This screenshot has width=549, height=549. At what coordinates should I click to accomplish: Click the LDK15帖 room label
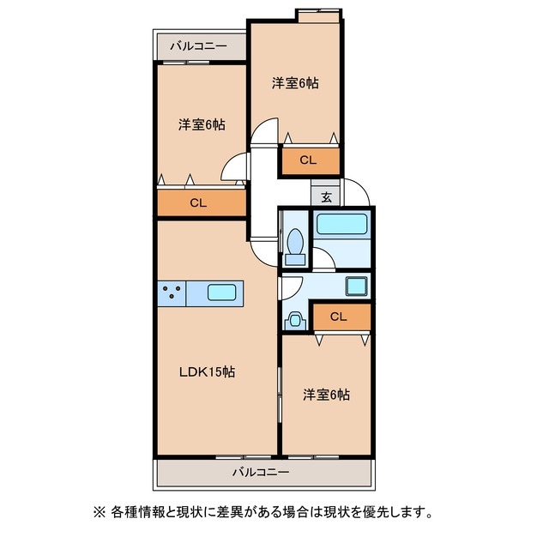click(x=207, y=372)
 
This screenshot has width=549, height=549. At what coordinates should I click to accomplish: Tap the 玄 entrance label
click(x=327, y=196)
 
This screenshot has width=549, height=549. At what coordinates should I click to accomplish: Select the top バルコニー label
click(x=197, y=45)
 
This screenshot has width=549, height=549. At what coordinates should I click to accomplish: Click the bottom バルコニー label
click(x=261, y=472)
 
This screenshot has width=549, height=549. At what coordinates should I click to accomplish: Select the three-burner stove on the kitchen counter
click(x=172, y=293)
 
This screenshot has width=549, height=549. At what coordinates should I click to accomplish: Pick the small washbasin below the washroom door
click(x=294, y=320)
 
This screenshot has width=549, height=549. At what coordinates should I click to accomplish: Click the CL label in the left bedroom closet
click(x=197, y=203)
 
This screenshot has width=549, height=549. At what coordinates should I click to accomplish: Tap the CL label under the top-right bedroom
click(x=308, y=160)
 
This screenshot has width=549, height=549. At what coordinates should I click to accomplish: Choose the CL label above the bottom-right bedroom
click(x=338, y=317)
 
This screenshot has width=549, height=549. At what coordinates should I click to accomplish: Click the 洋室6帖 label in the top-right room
click(x=296, y=83)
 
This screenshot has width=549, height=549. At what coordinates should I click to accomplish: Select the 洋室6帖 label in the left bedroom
click(x=202, y=124)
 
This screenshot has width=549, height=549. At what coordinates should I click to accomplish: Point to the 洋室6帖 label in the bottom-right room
click(x=326, y=395)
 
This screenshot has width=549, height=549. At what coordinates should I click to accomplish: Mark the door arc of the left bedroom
click(x=232, y=170)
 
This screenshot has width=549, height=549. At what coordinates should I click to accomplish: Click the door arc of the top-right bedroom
click(x=265, y=134)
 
